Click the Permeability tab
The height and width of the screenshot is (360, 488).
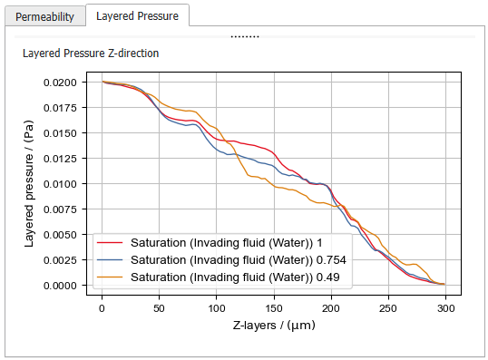pos(45,15)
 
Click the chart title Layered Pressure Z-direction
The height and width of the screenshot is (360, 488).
pos(91,54)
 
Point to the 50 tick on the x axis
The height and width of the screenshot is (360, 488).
pos(159,306)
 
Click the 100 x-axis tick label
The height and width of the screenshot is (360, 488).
pos(216,306)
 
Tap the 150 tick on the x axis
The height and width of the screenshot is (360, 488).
pos(273,306)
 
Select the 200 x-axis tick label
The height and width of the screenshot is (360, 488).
pos(331,306)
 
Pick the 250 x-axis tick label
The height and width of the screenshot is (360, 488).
pos(388,306)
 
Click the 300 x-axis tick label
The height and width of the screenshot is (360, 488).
pos(445,306)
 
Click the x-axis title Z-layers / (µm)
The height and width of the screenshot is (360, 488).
pos(273,325)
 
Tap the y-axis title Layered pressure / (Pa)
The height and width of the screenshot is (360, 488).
pos(30,183)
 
